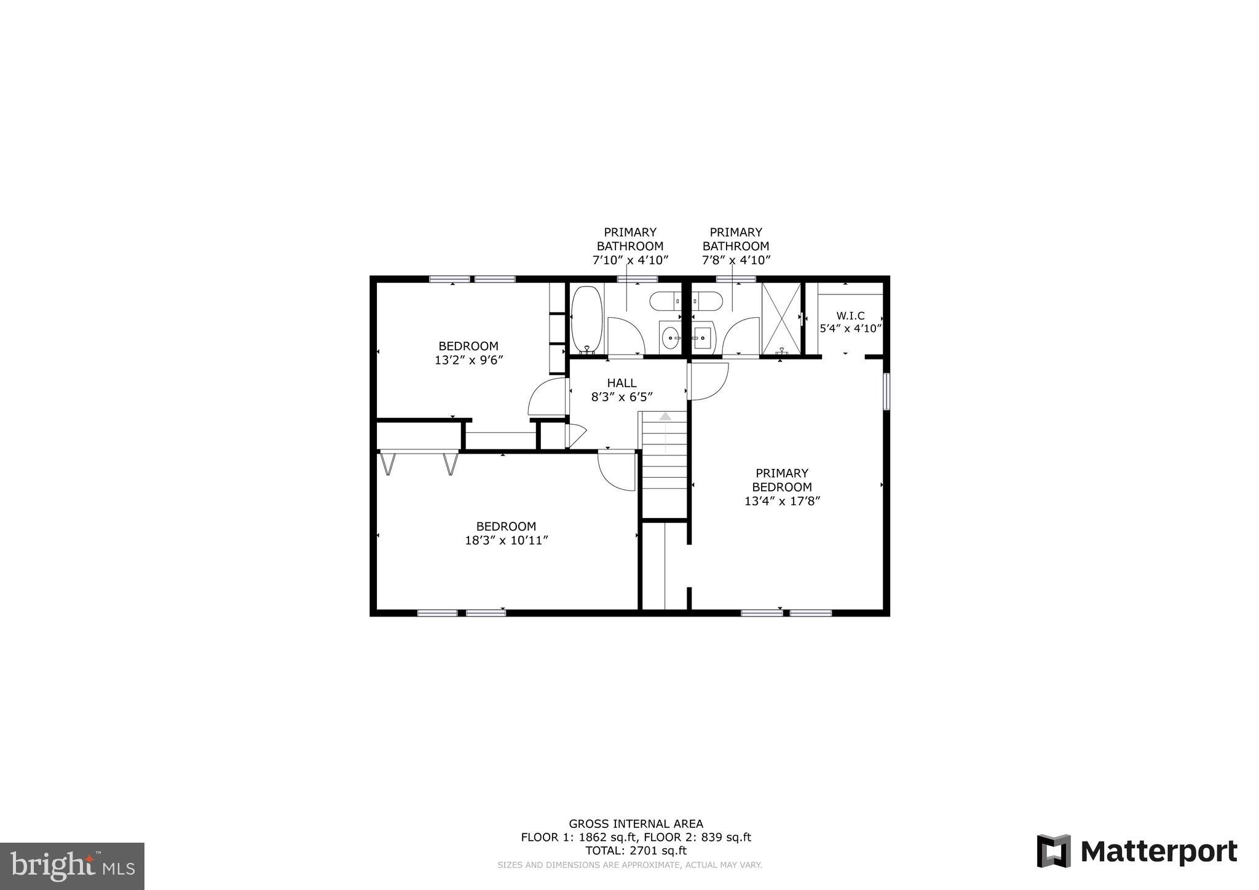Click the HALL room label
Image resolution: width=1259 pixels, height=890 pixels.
622,383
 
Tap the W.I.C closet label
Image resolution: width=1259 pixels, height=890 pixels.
850,316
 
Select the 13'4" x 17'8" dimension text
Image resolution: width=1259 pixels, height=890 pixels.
782,502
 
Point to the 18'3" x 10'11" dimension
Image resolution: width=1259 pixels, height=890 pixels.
506,541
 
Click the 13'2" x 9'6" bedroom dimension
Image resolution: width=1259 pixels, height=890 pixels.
468,361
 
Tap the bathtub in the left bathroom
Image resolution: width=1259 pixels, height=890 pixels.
587,318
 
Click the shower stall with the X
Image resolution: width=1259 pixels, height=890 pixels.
781,318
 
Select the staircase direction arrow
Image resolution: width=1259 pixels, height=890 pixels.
665,417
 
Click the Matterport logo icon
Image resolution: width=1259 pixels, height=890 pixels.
1053,851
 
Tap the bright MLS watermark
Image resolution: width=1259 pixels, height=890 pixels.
73,866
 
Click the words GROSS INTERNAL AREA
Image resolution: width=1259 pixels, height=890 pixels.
636,824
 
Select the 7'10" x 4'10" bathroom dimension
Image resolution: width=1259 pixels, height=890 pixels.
629,261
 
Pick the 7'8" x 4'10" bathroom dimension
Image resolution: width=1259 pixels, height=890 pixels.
736,261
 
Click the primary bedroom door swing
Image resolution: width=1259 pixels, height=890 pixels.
708,380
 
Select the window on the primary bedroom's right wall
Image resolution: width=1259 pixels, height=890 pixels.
886,391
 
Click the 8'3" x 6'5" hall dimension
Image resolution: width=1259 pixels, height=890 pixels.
622,398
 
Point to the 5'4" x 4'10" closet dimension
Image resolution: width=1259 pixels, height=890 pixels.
850,329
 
